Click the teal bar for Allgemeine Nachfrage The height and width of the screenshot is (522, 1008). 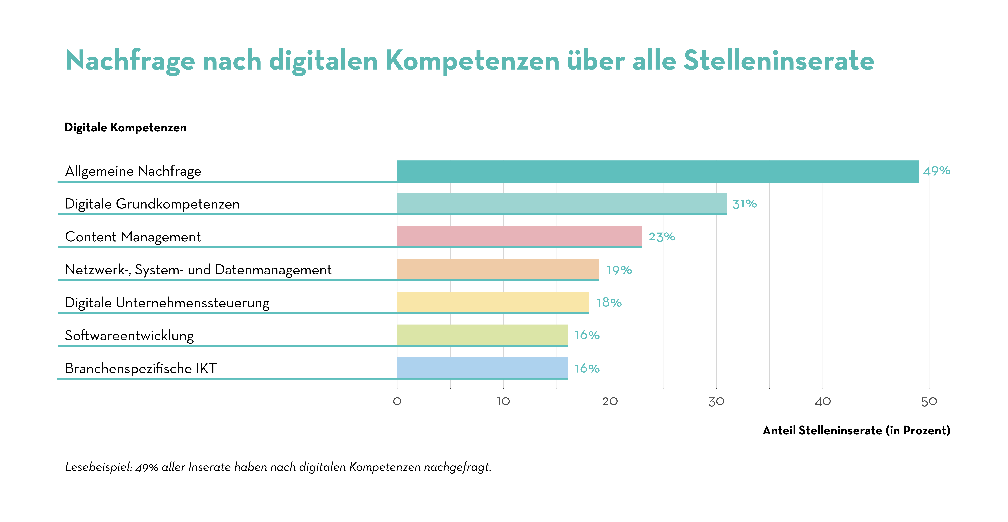coord(657,171)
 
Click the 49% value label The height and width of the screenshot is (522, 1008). coord(936,171)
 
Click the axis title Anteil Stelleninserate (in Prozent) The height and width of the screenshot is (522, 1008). coord(856,430)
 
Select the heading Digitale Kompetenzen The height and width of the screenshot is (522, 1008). coord(125,128)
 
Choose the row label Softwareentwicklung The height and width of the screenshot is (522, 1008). coord(129,336)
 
